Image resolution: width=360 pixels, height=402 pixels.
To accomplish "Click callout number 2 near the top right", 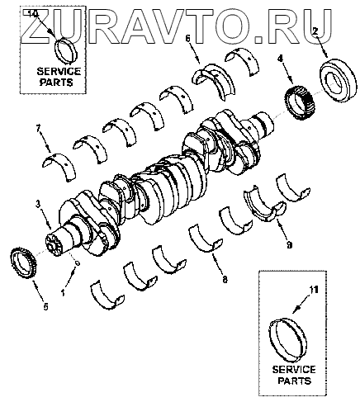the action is click(x=315, y=31).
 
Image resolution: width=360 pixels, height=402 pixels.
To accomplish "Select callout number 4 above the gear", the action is click(x=280, y=59).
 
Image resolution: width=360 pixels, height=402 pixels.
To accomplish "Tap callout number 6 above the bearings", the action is click(x=187, y=39).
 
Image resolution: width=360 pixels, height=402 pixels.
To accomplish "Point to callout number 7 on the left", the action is click(x=38, y=128).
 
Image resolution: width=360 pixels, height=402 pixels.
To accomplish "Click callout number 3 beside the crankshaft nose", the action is click(x=38, y=204).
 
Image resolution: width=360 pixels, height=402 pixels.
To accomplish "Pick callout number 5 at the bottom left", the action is click(x=45, y=306).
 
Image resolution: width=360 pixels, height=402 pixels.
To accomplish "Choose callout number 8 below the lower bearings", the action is click(x=225, y=280).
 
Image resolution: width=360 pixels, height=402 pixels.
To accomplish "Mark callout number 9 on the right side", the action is click(x=289, y=244).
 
